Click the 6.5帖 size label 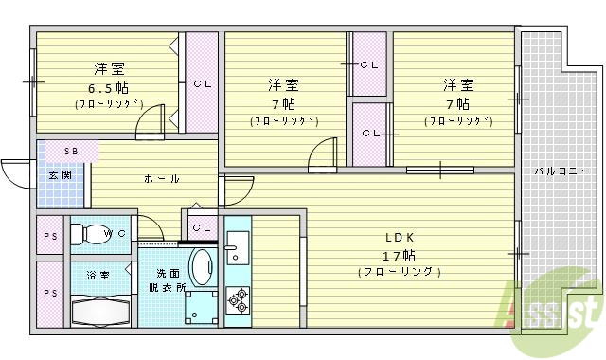tap(108, 86)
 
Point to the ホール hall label tap(162, 179)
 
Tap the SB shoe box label tap(71, 152)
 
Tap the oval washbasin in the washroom tap(201, 266)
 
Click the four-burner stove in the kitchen tap(236, 301)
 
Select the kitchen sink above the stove tap(237, 249)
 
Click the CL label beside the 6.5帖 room tap(203, 84)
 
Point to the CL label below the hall tap(201, 228)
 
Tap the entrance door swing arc tap(14, 174)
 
